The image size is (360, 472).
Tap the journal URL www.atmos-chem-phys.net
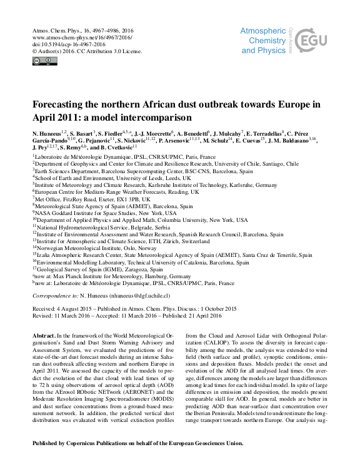click(x=77, y=36)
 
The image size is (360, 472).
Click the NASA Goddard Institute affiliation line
click(x=106, y=213)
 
